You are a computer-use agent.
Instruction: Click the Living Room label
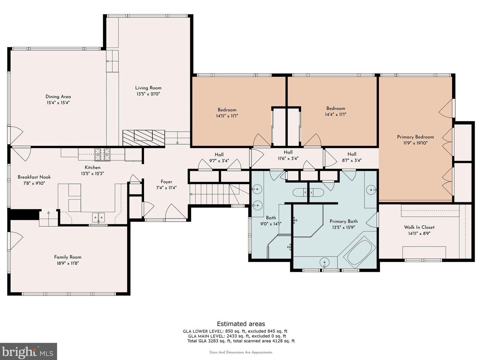[148, 88]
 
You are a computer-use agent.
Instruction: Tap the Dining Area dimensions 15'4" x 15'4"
[58, 103]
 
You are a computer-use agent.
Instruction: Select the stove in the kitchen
[102, 154]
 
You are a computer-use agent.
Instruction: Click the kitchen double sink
[98, 217]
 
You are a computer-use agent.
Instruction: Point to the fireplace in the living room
[144, 137]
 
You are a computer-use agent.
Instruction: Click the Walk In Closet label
[419, 227]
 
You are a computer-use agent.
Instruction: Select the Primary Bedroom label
[415, 137]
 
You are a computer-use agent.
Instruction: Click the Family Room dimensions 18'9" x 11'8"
[68, 263]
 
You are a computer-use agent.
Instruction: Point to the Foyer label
[166, 182]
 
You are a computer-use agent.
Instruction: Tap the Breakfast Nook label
[34, 177]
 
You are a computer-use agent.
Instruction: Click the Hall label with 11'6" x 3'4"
[288, 152]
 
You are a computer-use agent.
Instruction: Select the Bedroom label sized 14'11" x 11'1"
[227, 110]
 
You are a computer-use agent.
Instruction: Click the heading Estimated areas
[241, 324]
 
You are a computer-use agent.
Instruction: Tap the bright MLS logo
[28, 351]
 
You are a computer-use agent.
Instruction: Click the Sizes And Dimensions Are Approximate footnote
[241, 352]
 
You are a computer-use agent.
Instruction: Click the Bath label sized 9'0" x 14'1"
[271, 218]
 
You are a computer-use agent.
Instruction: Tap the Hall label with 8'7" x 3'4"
[352, 154]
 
